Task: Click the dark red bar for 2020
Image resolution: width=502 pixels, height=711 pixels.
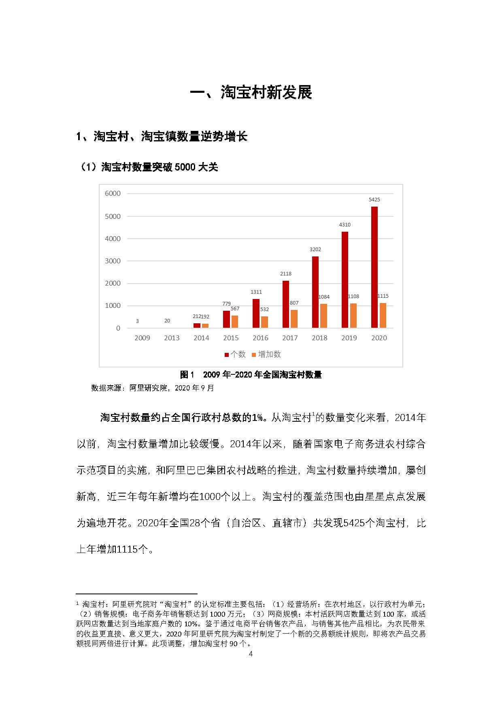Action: point(374,267)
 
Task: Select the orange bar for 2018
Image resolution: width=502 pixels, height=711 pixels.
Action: point(323,316)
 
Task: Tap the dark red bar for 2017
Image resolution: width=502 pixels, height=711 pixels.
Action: point(286,304)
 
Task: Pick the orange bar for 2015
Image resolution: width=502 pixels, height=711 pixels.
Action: point(235,322)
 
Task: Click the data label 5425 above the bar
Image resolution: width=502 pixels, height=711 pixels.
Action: point(374,200)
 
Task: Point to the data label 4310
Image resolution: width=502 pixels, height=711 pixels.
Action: point(345,225)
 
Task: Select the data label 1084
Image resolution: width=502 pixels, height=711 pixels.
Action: point(324,297)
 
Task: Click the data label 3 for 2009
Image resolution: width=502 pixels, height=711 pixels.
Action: point(137,321)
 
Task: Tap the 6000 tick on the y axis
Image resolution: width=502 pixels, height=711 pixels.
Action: point(113,194)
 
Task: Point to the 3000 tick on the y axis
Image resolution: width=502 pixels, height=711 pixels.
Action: point(113,261)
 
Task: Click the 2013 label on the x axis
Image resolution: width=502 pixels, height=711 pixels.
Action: point(172,338)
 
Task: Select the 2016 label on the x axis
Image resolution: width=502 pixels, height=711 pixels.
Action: point(260,338)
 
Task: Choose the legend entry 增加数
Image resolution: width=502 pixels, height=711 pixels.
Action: point(266,354)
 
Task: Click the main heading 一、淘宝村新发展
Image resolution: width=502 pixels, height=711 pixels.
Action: point(251,93)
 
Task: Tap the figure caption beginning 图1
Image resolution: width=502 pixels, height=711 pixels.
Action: point(251,375)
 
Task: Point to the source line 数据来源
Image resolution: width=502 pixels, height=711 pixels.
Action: point(153,388)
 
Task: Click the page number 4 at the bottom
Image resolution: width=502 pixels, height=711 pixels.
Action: point(251,653)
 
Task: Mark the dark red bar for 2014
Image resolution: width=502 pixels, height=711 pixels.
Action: point(197,325)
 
